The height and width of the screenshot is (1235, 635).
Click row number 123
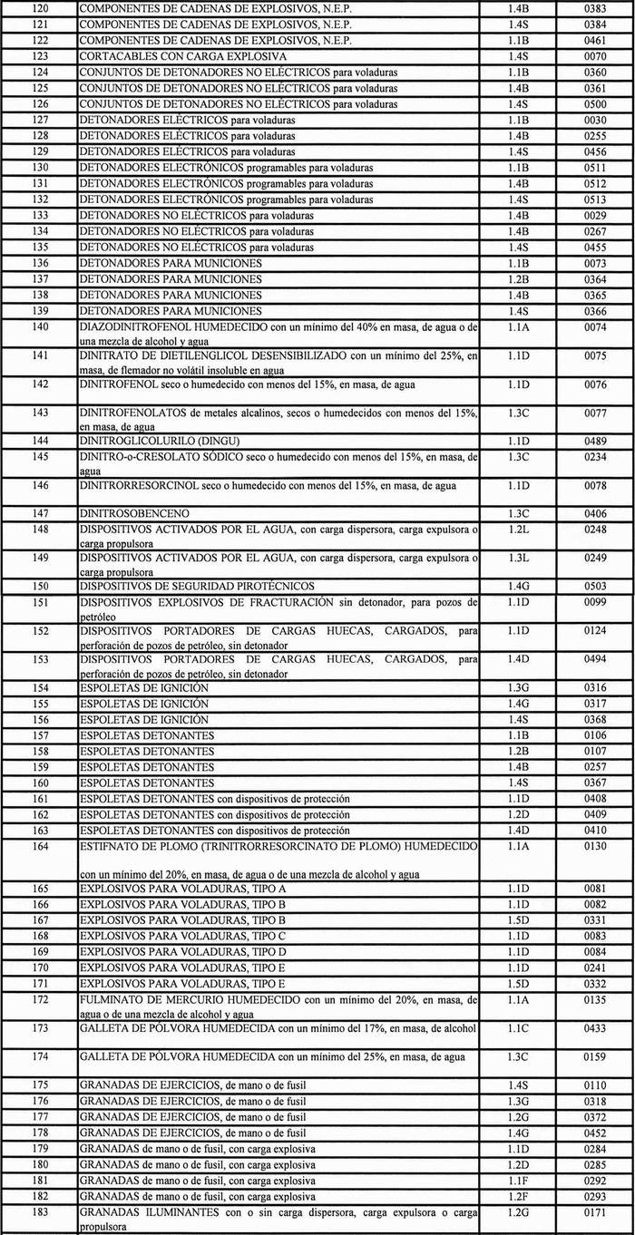pos(39,56)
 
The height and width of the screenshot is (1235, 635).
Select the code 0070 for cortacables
pos(595,56)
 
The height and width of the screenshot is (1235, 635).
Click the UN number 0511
pos(595,168)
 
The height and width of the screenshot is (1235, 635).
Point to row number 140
pos(39,326)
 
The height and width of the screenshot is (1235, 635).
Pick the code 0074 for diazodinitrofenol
pos(595,326)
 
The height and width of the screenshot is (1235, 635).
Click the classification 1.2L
pos(519,529)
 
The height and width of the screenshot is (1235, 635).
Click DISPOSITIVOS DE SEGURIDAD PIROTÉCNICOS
pos(197,587)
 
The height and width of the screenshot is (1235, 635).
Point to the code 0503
pos(595,587)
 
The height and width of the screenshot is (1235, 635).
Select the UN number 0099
pos(595,602)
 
